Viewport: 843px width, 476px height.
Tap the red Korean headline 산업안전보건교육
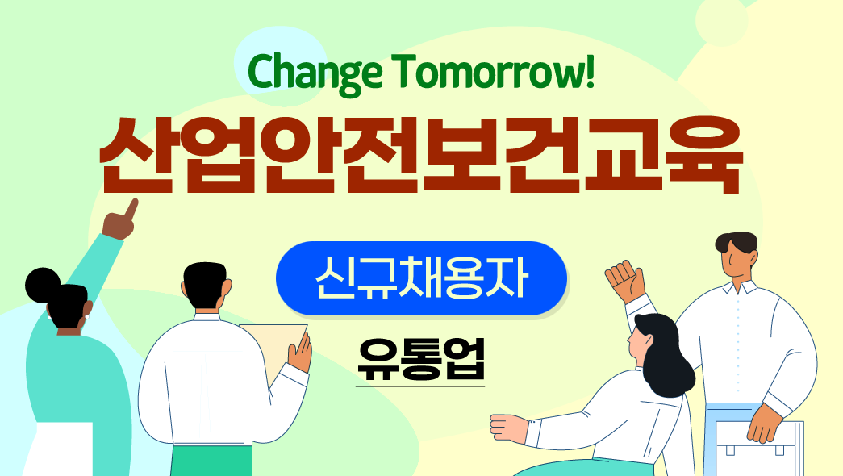pyautogui.click(x=421, y=156)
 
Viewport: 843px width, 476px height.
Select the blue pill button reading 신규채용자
pyautogui.click(x=421, y=278)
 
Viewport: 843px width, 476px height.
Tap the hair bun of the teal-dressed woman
pyautogui.click(x=42, y=285)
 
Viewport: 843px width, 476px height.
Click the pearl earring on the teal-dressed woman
pyautogui.click(x=86, y=317)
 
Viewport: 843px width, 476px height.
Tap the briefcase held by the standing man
pyautogui.click(x=759, y=446)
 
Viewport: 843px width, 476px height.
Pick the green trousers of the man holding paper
pyautogui.click(x=211, y=461)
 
